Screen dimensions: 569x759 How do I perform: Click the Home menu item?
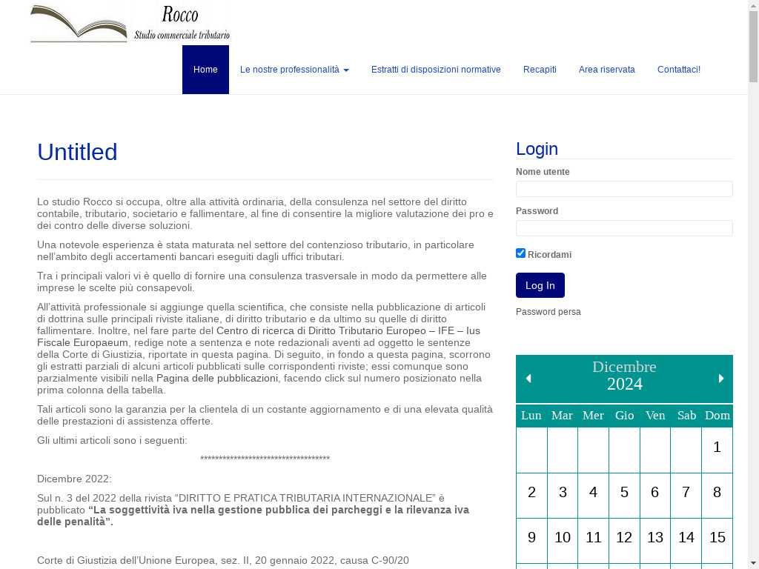point(205,70)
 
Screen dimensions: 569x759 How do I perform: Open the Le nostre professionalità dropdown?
point(294,70)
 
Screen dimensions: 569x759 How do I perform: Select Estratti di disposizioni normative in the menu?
point(436,70)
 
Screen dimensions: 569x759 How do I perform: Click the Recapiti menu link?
point(540,70)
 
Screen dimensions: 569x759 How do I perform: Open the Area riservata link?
point(606,70)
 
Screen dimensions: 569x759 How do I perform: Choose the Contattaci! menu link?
point(678,70)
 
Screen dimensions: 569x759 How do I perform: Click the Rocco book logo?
point(130,23)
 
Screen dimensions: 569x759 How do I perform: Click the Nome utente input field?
point(624,189)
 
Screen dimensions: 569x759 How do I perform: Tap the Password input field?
point(624,228)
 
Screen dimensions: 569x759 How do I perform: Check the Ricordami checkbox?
point(521,253)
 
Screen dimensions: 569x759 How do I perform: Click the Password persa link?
point(548,312)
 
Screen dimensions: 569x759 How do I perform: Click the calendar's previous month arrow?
point(528,379)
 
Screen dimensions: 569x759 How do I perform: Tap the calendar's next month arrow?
point(720,379)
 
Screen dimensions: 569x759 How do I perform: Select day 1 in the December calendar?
point(717,447)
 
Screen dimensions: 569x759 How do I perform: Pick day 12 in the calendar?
point(624,537)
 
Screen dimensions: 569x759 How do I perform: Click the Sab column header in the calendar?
point(686,416)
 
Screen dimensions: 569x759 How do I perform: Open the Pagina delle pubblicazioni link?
point(217,379)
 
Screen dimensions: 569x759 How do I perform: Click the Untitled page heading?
point(77,152)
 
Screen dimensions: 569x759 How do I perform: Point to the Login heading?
point(537,149)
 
